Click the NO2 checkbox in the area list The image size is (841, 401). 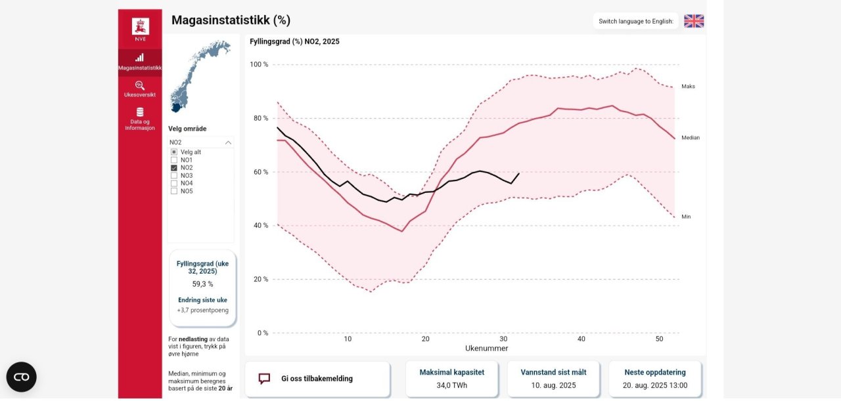(x=174, y=168)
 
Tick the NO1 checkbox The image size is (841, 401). (x=174, y=160)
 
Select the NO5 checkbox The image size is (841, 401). (x=174, y=192)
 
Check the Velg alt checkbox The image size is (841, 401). (x=174, y=152)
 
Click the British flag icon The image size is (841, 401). (x=693, y=21)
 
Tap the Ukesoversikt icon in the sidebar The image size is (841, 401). (x=140, y=85)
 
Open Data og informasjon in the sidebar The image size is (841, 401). (x=140, y=112)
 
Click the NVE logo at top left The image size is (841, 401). (x=140, y=27)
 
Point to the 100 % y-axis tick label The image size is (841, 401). (x=259, y=65)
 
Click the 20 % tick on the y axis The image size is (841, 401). (x=260, y=280)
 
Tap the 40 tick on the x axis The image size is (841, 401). (x=581, y=339)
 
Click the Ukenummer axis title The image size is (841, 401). (x=486, y=348)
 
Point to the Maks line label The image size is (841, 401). (x=688, y=87)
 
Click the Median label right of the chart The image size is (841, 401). (x=690, y=138)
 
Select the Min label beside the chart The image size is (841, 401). (x=686, y=217)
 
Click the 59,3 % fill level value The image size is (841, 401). (x=202, y=284)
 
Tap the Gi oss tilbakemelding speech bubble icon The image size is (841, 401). (x=264, y=379)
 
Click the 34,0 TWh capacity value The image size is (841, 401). (x=451, y=385)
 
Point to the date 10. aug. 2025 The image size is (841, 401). (x=553, y=385)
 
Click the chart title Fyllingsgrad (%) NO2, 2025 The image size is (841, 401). (x=294, y=41)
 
